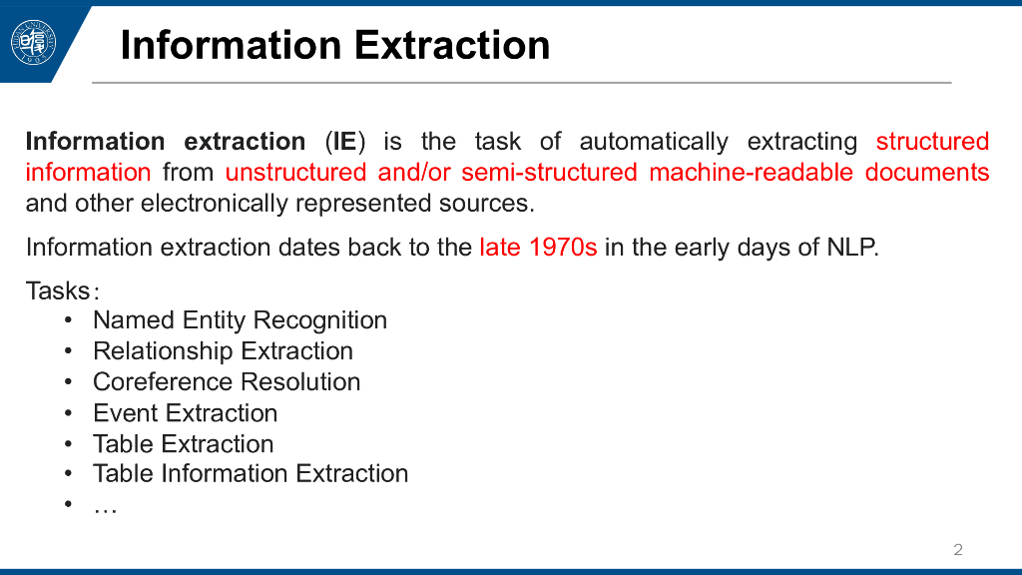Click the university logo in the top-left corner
click(33, 43)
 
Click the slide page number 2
click(957, 550)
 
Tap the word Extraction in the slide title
click(452, 45)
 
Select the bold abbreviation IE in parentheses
click(344, 142)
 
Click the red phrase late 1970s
click(538, 248)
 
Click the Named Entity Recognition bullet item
click(240, 320)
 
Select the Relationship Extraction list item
click(223, 350)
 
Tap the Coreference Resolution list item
click(227, 381)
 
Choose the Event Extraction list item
click(185, 412)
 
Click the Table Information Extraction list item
click(251, 473)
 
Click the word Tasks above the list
click(58, 290)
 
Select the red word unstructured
click(295, 172)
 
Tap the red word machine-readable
click(751, 172)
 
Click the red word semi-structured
click(549, 172)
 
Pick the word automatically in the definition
click(654, 142)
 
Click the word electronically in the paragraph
click(215, 203)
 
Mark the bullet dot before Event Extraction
click(69, 412)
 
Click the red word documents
click(927, 172)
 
